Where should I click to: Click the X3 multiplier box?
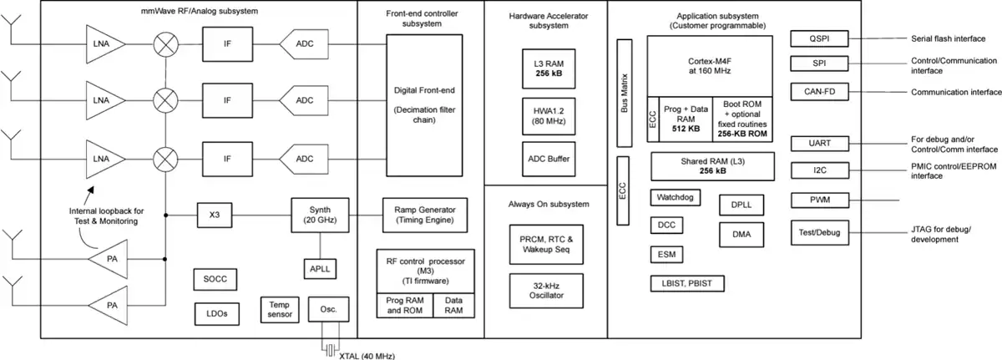tap(215, 215)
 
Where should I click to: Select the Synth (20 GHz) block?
tap(320, 215)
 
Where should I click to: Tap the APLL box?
tap(320, 269)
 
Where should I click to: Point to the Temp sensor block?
tap(280, 309)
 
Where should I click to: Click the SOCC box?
tap(215, 279)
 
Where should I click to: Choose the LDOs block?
tap(217, 314)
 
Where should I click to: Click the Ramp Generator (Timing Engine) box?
tap(425, 215)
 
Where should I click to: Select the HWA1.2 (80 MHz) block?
tap(549, 116)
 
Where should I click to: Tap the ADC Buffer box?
tap(549, 159)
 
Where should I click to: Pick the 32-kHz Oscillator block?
tap(546, 291)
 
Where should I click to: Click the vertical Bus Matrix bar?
tap(625, 93)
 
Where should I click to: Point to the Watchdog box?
tap(676, 197)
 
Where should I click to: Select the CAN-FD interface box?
tap(819, 92)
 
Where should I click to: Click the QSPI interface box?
tap(819, 38)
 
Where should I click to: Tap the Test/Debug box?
tap(820, 232)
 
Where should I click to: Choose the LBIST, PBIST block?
tap(687, 283)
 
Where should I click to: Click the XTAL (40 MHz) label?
tap(367, 356)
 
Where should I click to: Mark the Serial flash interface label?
tap(949, 39)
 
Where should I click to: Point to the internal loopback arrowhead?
tap(91, 190)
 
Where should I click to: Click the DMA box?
tap(741, 235)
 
